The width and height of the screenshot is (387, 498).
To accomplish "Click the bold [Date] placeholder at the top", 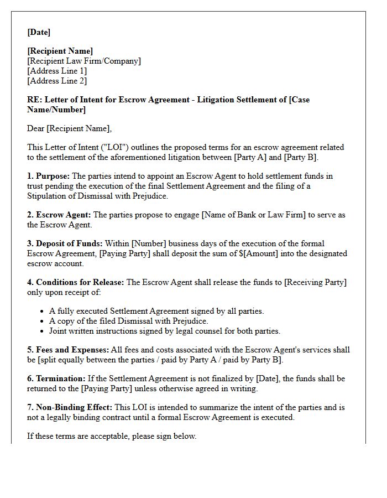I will click(39, 32).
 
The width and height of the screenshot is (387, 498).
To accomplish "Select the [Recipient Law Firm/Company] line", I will click(83, 61).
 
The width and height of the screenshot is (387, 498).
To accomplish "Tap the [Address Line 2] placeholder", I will click(57, 81).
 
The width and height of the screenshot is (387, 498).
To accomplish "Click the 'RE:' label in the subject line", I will click(34, 100).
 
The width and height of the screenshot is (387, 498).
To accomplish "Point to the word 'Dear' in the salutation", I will click(36, 128).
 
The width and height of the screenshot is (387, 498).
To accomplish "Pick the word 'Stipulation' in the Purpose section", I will click(49, 196).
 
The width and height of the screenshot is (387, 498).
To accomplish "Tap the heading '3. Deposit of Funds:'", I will click(65, 243).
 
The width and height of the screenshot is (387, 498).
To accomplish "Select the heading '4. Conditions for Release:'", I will click(76, 282).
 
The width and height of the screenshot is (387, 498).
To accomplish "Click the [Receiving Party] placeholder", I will click(315, 282).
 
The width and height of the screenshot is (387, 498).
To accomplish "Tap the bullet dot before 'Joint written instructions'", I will click(43, 331).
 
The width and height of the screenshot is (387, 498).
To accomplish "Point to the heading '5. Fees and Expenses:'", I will click(68, 350).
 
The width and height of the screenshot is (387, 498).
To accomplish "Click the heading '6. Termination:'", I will click(56, 378).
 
